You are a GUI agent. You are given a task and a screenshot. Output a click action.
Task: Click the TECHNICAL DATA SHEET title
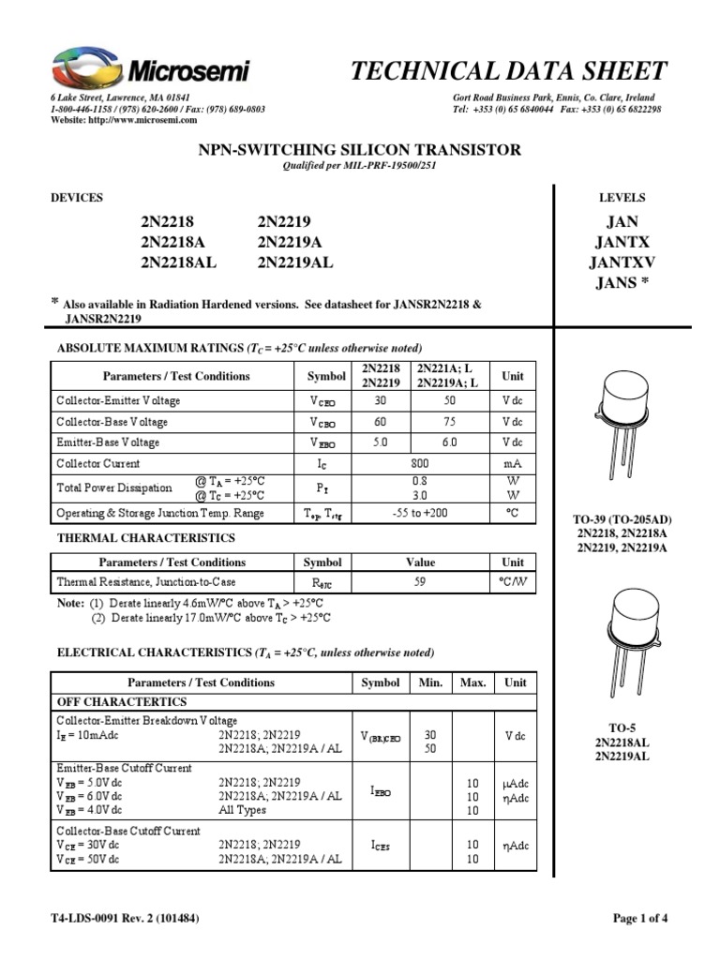pyautogui.click(x=508, y=71)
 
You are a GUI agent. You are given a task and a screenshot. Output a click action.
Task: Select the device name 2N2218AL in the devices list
pyautogui.click(x=178, y=263)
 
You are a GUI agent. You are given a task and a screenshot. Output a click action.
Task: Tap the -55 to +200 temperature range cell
pyautogui.click(x=421, y=513)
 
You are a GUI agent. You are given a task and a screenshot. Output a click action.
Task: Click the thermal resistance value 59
pyautogui.click(x=421, y=582)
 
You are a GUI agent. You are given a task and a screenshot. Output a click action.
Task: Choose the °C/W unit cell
pyautogui.click(x=513, y=582)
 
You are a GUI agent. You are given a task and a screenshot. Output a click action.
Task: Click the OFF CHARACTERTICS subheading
pyautogui.click(x=123, y=701)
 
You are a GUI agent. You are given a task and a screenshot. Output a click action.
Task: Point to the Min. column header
pyautogui.click(x=430, y=682)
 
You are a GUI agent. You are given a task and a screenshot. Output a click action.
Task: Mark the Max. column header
pyautogui.click(x=472, y=682)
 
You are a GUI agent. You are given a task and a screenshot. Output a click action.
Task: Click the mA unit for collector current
pyautogui.click(x=513, y=463)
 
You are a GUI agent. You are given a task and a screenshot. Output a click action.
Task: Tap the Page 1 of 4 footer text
pyautogui.click(x=640, y=919)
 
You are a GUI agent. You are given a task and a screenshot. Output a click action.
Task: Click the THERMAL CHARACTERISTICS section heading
pyautogui.click(x=146, y=538)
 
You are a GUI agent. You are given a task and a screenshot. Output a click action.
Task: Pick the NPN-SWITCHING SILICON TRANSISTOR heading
pyautogui.click(x=359, y=150)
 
